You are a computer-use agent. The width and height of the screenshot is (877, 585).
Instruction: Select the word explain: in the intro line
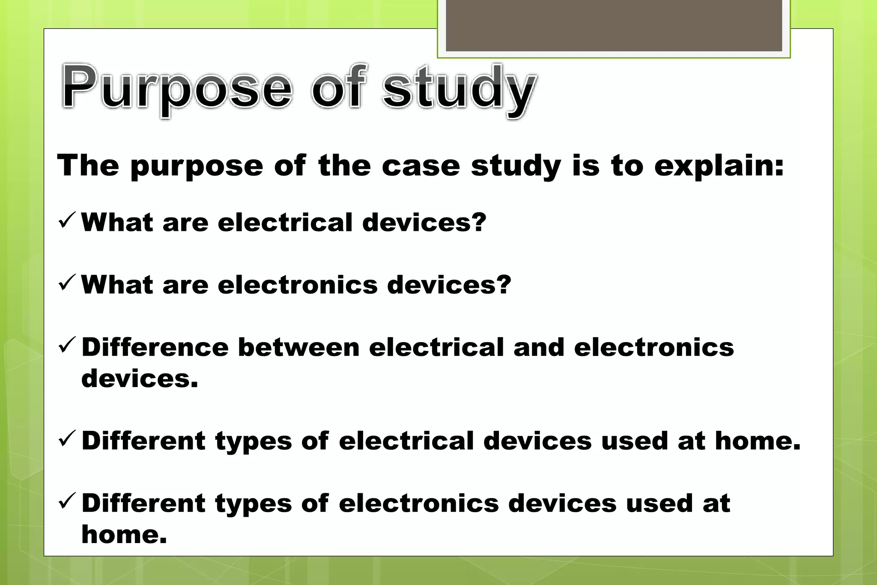point(719,166)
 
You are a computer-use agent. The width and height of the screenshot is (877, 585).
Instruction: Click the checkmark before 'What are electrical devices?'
point(67,220)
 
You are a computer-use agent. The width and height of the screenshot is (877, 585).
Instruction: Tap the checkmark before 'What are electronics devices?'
point(67,282)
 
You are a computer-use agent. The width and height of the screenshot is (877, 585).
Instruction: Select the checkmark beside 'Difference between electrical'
point(67,345)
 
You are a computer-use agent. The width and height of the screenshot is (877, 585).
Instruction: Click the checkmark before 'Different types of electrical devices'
point(67,439)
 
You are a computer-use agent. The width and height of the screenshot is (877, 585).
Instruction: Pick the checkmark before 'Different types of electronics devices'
point(67,501)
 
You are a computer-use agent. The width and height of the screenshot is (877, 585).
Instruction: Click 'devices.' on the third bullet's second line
point(140,379)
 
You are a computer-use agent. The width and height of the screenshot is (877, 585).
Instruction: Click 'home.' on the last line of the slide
point(124,534)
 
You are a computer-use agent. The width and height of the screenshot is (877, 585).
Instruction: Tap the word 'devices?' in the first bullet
point(424,222)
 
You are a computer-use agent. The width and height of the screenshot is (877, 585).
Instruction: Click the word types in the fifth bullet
point(254,504)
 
